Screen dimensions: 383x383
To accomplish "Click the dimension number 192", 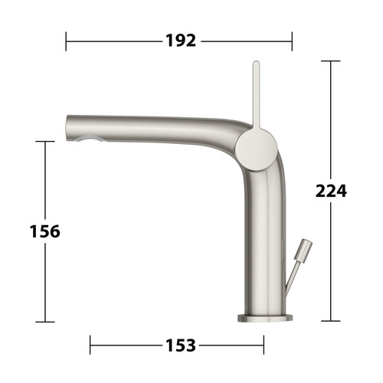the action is [181, 41].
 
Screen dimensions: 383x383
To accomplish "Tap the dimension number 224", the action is [331, 191].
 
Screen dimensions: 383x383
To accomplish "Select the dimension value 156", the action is [45, 231].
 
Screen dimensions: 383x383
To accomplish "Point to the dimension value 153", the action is [181, 345].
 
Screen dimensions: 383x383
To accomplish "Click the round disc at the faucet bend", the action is [256, 149].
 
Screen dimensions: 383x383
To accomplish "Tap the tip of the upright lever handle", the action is [256, 62].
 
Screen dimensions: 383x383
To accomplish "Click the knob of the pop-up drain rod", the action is [303, 250].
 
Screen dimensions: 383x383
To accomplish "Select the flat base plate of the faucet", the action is [265, 318].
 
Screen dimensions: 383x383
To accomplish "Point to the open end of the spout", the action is [67, 127].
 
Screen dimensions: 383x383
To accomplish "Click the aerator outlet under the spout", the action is [89, 139].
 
